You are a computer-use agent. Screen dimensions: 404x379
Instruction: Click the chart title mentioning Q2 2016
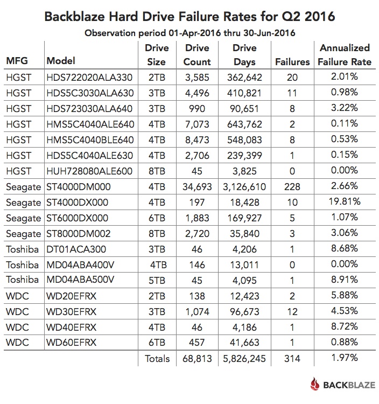[189, 16]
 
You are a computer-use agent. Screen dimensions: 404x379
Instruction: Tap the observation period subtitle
[189, 33]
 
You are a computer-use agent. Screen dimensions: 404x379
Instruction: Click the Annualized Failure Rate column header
[344, 54]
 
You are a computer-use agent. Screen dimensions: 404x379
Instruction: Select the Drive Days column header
[244, 54]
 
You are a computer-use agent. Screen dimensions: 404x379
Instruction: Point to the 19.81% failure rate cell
[344, 203]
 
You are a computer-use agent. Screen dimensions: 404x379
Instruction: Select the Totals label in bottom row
[157, 358]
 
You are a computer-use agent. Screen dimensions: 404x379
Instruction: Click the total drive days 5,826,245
[244, 358]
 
